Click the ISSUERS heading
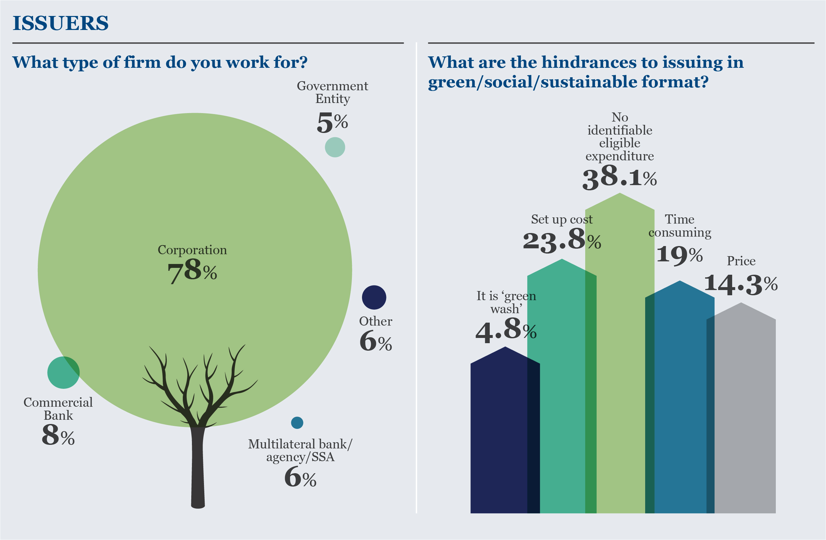[60, 23]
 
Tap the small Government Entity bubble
[335, 147]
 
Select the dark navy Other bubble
[374, 298]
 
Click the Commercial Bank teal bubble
[63, 372]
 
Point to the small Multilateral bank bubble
[297, 423]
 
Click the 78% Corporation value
[192, 271]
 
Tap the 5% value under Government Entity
[332, 123]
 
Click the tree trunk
[198, 469]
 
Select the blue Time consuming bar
[680, 399]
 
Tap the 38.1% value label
[619, 178]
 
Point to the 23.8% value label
[561, 240]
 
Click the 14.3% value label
[740, 285]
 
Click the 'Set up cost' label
[561, 219]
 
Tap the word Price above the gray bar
[741, 261]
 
